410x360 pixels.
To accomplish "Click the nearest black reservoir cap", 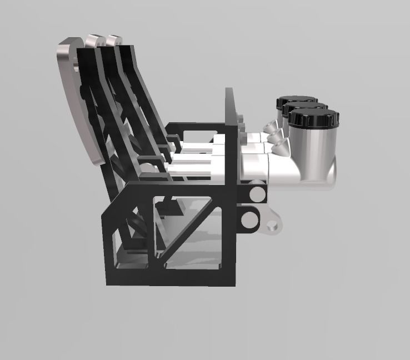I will click(x=314, y=118).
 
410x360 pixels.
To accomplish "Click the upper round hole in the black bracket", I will click(x=256, y=194).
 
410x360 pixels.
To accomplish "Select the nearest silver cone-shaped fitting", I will click(x=277, y=147).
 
